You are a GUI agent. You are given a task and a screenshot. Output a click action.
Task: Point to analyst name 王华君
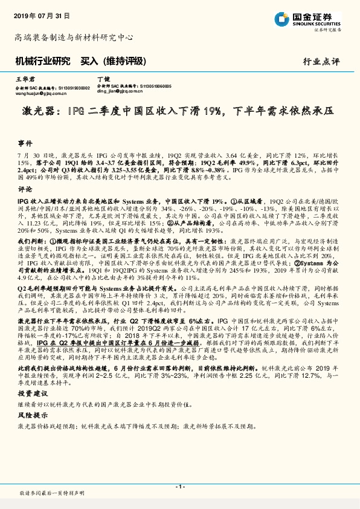coord(22,79)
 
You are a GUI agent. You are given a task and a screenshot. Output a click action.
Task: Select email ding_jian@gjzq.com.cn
coord(121,92)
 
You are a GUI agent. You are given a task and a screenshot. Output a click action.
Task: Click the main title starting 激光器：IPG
coord(179,111)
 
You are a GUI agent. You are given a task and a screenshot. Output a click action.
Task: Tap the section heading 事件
coord(24,143)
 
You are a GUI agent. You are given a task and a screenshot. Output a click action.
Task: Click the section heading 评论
coord(24,189)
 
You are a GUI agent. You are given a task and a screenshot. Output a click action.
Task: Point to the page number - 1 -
coord(179,486)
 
